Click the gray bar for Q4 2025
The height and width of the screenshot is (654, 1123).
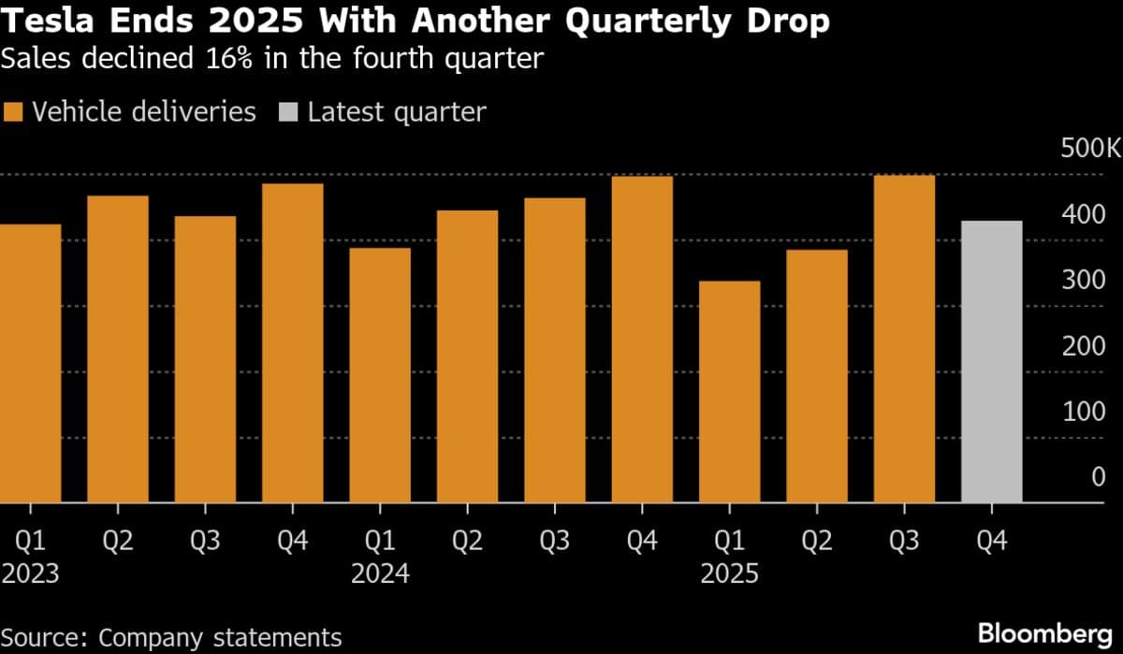pyautogui.click(x=991, y=362)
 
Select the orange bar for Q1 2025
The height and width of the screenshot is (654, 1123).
pyautogui.click(x=729, y=392)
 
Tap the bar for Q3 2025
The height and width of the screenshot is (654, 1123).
pyautogui.click(x=904, y=339)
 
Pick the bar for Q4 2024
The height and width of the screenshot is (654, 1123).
pyautogui.click(x=642, y=340)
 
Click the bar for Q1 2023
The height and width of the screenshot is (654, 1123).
pyautogui.click(x=30, y=364)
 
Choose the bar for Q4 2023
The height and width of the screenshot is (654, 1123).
pyautogui.click(x=292, y=343)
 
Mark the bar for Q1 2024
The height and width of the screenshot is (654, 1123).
pyautogui.click(x=380, y=375)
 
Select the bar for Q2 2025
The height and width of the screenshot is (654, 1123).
pyautogui.click(x=816, y=376)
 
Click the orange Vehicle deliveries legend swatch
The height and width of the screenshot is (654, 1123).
pyautogui.click(x=13, y=113)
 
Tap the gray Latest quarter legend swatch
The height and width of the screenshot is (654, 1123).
pyautogui.click(x=288, y=113)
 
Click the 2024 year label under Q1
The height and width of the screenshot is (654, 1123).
pyautogui.click(x=380, y=574)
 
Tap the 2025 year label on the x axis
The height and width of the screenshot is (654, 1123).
pyautogui.click(x=729, y=574)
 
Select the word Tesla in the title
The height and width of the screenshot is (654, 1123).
pyautogui.click(x=47, y=22)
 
